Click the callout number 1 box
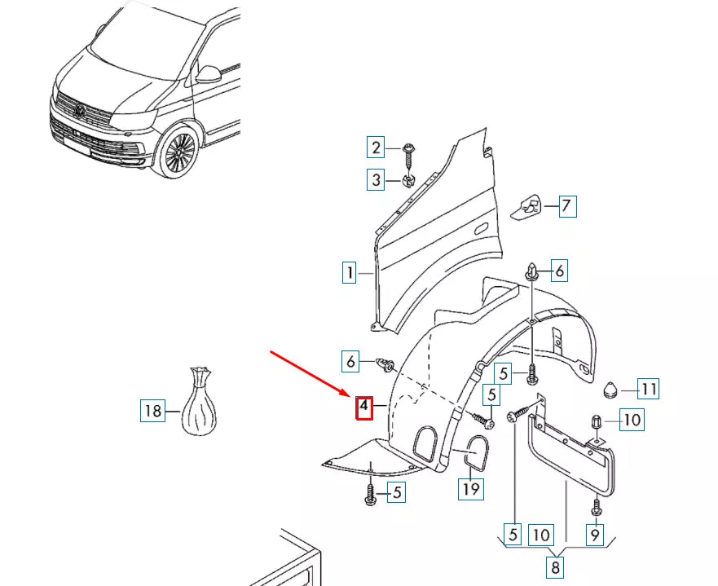350,272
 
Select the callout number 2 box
376,148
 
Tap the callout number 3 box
376,179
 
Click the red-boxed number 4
364,407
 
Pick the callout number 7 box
567,206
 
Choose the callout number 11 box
649,390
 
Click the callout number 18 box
152,411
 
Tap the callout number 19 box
472,489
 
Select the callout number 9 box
595,535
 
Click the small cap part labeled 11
611,390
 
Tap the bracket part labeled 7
529,208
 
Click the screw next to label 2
408,149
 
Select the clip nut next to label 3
410,178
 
